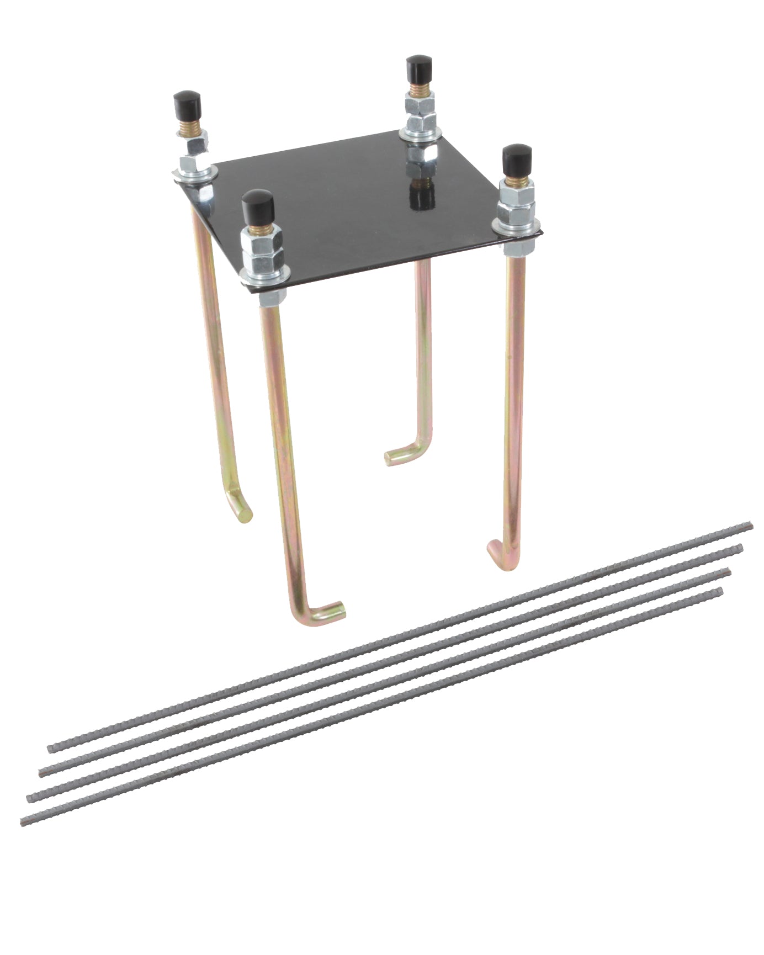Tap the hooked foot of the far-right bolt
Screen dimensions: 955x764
[x=500, y=552]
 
